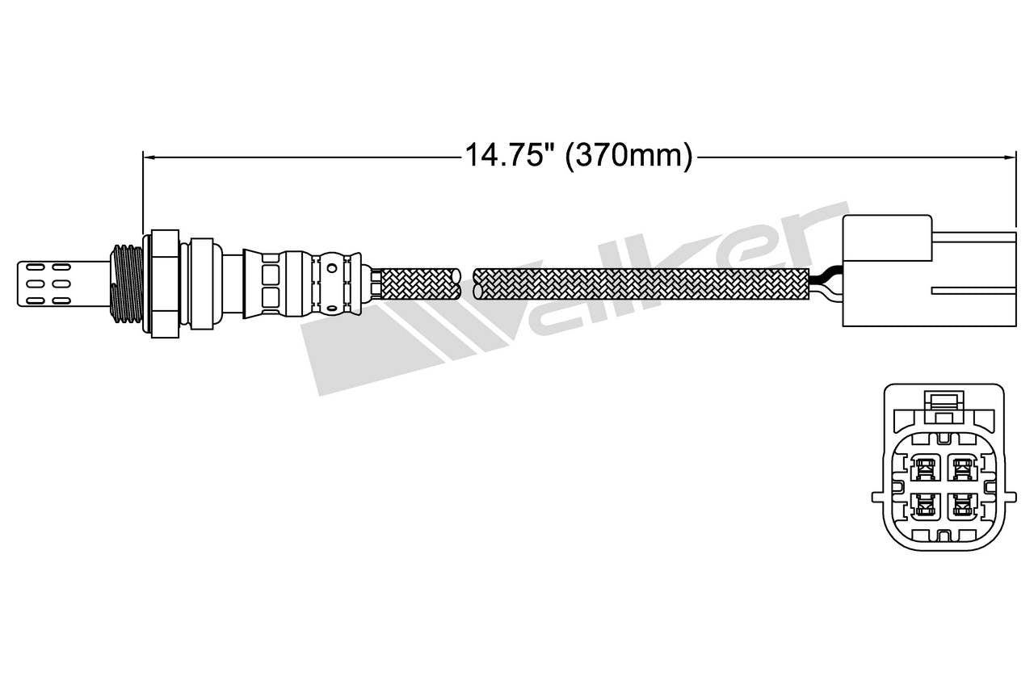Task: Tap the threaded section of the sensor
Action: click(126, 281)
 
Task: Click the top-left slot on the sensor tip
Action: click(35, 265)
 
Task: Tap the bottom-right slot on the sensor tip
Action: click(63, 300)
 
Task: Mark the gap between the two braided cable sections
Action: click(467, 283)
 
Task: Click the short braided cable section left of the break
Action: click(418, 283)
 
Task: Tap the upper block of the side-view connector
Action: click(886, 239)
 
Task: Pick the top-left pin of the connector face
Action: click(923, 467)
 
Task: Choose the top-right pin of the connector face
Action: click(960, 467)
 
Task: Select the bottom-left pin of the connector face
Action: click(923, 506)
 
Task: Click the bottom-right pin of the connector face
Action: click(960, 506)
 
